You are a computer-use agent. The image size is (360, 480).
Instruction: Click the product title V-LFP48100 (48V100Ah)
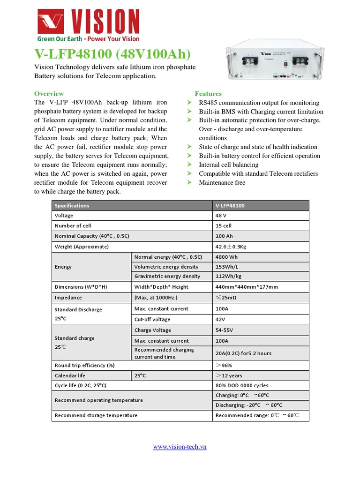[x=112, y=54]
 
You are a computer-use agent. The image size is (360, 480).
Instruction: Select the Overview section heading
[x=49, y=94]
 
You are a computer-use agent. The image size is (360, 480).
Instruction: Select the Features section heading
[x=208, y=94]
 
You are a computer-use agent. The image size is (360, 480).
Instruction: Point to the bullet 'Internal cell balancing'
[x=228, y=165]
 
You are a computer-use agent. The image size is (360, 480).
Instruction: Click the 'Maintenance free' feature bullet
[x=222, y=182]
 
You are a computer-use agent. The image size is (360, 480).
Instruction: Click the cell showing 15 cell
[x=224, y=225]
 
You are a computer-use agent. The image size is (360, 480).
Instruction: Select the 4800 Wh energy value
[x=226, y=257]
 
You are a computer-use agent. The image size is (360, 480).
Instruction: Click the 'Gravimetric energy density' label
[x=167, y=276]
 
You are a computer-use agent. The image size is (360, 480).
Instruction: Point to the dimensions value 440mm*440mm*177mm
[x=247, y=287]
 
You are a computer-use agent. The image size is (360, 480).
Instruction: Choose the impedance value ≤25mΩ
[x=226, y=298]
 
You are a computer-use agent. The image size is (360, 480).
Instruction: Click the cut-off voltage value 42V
[x=221, y=319]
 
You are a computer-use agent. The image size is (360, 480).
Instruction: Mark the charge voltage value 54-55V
[x=224, y=330]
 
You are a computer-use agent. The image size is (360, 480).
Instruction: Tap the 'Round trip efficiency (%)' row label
[x=84, y=365]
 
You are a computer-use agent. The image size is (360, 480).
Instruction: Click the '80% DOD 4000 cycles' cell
[x=242, y=385]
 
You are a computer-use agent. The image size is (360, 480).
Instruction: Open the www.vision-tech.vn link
[x=180, y=447]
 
